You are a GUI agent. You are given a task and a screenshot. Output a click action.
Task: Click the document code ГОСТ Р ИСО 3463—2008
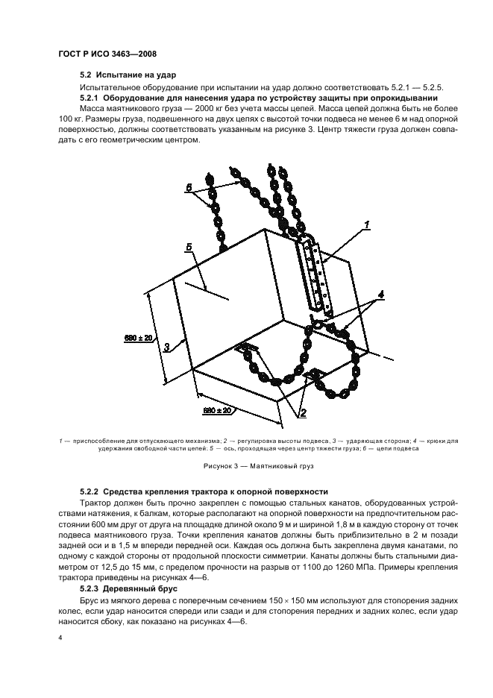click(x=106, y=54)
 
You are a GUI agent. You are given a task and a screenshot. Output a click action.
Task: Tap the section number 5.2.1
click(x=94, y=98)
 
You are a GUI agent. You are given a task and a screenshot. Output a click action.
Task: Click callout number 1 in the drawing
click(x=366, y=222)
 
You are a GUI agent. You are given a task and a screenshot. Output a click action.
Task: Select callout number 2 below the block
click(x=303, y=411)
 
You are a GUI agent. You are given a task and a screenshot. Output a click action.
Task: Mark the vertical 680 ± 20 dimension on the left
click(x=139, y=338)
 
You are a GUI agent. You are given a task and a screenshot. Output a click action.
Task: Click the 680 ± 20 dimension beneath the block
click(x=216, y=410)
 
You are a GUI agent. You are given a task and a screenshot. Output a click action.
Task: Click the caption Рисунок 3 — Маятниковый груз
click(x=248, y=467)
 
